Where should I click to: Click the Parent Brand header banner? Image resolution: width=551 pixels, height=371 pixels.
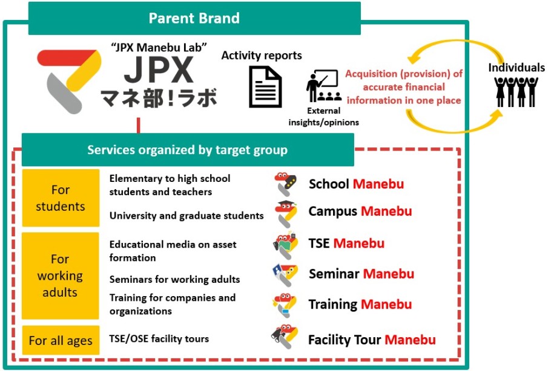pos(194,18)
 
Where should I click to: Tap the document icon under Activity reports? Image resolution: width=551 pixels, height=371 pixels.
pos(265,86)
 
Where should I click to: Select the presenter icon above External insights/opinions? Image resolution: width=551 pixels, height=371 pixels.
pos(323,86)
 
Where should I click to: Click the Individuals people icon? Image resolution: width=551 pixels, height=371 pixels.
pos(516,91)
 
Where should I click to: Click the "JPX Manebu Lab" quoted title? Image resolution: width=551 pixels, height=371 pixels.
pos(159,47)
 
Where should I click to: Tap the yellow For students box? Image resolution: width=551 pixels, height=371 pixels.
pos(61,198)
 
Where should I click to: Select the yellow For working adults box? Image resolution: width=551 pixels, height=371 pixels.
pos(60,276)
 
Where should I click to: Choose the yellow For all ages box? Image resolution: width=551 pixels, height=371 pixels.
pos(61,340)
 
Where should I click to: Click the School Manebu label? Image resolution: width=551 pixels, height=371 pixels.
pos(356,184)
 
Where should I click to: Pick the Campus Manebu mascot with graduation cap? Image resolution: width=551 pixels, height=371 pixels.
pos(286,214)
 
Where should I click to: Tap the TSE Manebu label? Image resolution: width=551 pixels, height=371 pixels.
pos(346,243)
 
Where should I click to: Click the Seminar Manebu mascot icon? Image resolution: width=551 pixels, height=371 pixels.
pos(285,276)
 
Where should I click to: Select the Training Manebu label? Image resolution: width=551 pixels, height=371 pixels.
pos(360,304)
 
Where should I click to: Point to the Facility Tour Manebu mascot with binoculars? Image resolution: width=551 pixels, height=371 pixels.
pos(285,337)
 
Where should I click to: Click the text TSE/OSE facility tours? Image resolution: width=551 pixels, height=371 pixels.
pos(159,339)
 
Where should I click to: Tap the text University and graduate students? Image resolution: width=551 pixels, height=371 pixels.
pos(186,216)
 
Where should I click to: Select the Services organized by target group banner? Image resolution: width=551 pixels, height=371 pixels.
pos(188,150)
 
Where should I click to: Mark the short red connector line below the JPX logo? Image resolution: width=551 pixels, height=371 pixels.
pos(139,125)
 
